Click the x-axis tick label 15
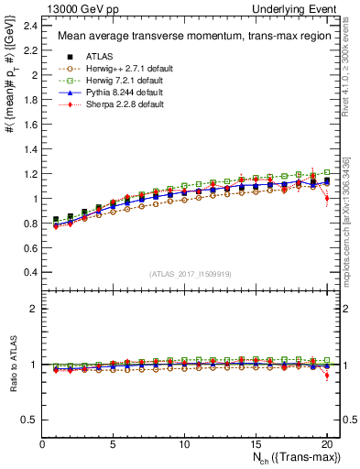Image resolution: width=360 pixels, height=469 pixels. pyautogui.click(x=255, y=444)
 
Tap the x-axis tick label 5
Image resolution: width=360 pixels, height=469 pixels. pyautogui.click(x=114, y=444)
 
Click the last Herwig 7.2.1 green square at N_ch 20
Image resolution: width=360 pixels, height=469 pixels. pyautogui.click(x=327, y=172)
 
